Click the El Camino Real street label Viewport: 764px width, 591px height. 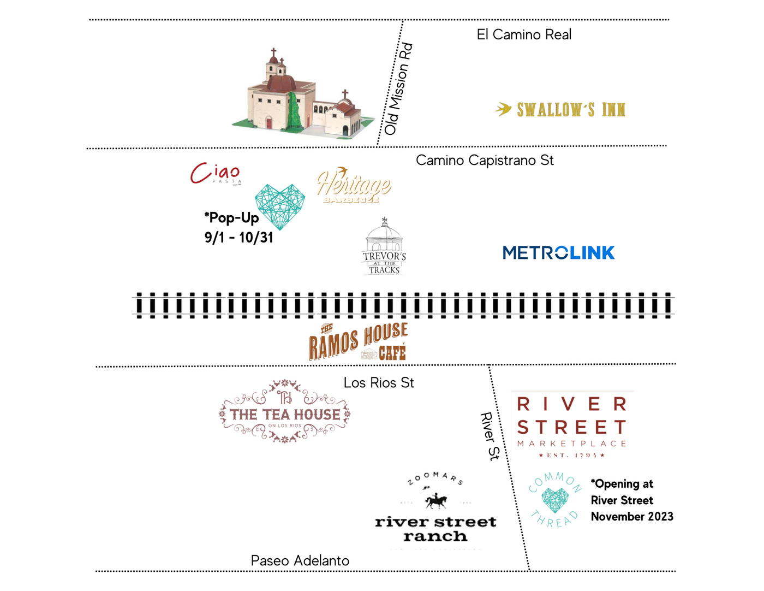pos(524,34)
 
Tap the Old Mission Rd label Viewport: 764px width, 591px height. pos(398,89)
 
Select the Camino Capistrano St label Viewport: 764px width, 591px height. pos(485,160)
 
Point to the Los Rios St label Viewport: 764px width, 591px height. pos(379,382)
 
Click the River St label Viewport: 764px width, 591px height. pos(490,436)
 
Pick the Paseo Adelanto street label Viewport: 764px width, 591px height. pos(300,560)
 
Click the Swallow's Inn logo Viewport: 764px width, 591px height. pos(561,110)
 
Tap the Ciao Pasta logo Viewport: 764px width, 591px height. pos(216,174)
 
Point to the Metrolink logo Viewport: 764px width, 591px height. pos(558,253)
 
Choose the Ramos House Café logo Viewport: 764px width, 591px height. pos(358,342)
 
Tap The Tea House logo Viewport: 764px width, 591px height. pos(284,412)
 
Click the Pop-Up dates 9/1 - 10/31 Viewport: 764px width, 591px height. pos(238,238)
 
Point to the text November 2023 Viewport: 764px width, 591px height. pos(632,517)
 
